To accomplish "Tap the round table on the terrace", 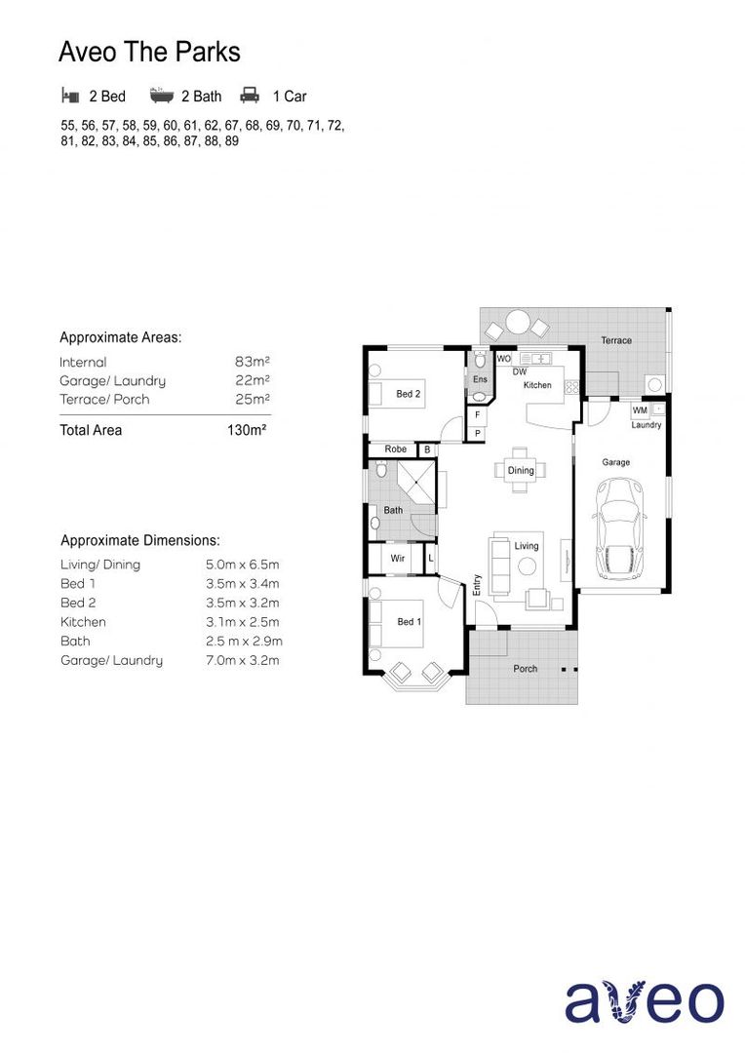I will point(517,323).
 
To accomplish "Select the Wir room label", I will point(398,559).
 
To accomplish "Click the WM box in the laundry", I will point(641,410).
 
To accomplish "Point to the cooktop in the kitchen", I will point(571,386).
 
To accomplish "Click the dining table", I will point(521,469).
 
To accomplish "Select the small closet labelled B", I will point(427,449).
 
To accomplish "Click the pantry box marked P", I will point(478,432).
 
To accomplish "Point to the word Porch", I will point(525,669).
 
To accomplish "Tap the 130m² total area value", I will point(247,430).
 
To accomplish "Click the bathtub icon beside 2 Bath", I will point(162,96).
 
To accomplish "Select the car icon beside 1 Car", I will point(250,96).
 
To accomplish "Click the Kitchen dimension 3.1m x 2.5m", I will point(242,622).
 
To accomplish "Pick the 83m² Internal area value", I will point(252,362).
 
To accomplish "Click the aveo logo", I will point(646,1001).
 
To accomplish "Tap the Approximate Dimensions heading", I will point(140,540).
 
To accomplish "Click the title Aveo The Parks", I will point(149,52).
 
